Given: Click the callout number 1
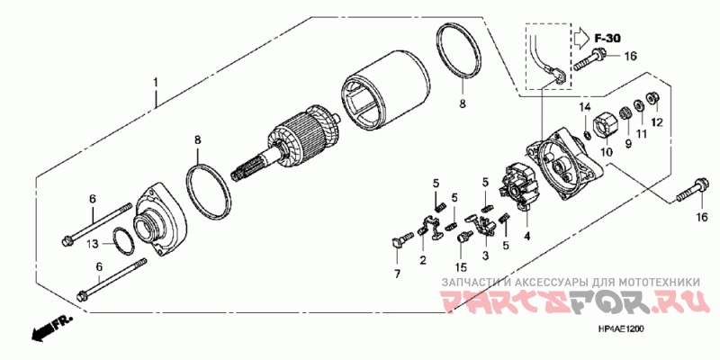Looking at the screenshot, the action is click(x=156, y=83).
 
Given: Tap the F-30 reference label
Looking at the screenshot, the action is click(x=607, y=39).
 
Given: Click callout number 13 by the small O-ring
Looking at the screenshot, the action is click(x=94, y=244).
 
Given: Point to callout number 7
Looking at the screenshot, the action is click(x=397, y=274).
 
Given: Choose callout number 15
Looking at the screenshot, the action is click(x=461, y=266).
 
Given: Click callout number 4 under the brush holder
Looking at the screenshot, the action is click(x=527, y=237).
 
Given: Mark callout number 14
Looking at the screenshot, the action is click(x=584, y=107).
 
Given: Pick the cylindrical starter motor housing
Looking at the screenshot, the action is click(x=388, y=90).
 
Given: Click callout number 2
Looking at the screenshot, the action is click(x=422, y=260).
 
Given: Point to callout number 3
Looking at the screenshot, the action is click(x=486, y=255).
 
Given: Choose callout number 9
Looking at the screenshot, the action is click(x=627, y=143).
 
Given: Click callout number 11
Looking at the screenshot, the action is click(x=641, y=134).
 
